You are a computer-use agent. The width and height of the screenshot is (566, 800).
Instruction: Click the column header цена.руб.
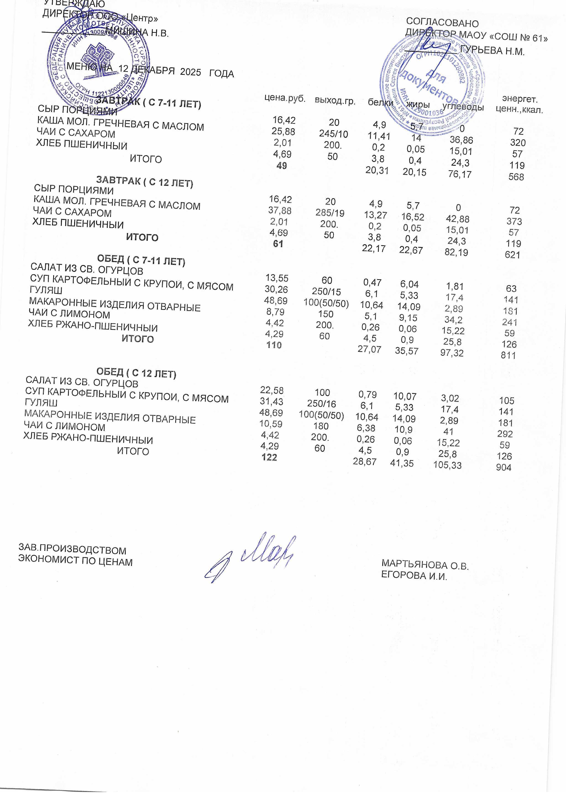coord(285,99)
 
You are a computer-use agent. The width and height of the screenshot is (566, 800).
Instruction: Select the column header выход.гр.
coord(335,101)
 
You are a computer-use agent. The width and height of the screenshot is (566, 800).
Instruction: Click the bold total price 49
coord(282,166)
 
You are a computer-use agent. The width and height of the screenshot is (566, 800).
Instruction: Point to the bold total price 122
coord(269,458)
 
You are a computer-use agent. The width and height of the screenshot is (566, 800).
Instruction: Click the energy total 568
coord(516,177)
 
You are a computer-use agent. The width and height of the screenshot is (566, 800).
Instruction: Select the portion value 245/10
coord(333,134)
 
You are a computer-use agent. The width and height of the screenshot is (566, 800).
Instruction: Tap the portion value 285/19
coord(330,213)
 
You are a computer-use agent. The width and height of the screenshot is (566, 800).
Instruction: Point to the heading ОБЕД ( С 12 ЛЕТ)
coord(136,373)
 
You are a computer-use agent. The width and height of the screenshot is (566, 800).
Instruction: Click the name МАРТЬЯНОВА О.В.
coord(425,564)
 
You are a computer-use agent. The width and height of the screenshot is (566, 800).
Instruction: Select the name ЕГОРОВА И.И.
coord(414,576)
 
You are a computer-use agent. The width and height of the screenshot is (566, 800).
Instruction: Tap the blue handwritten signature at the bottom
coord(249,558)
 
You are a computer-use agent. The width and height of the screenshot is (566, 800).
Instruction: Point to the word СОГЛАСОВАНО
coord(442,23)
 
